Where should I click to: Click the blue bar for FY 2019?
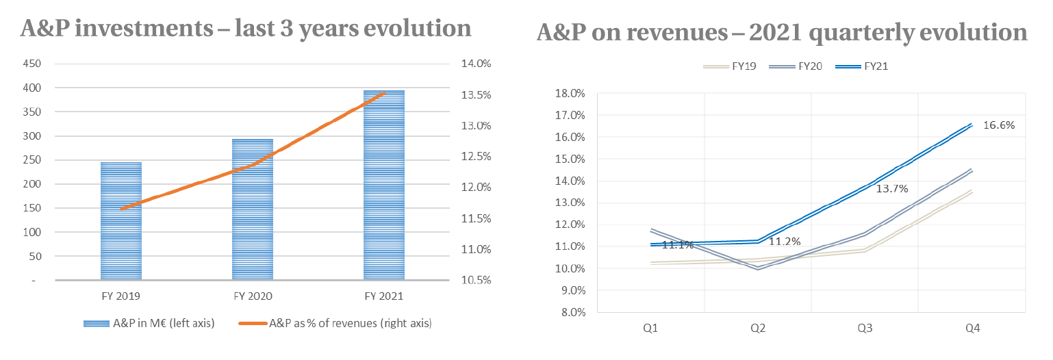(x=121, y=220)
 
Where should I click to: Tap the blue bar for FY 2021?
(x=384, y=185)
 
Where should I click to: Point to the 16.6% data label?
(x=999, y=125)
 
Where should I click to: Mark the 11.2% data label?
(x=784, y=242)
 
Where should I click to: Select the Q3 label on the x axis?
(x=865, y=329)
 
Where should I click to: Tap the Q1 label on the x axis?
(x=650, y=329)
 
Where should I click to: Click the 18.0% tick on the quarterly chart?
(x=569, y=94)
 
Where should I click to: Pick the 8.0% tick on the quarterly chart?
(x=571, y=312)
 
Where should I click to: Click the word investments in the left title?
(x=149, y=29)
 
